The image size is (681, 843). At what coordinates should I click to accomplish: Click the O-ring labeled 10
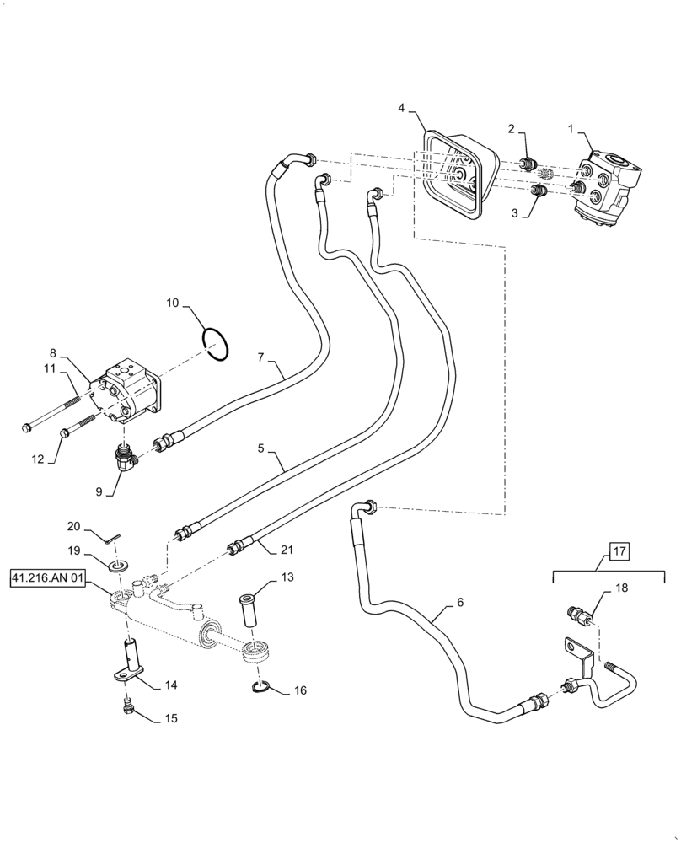click(216, 345)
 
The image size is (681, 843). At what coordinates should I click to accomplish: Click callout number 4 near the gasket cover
click(401, 108)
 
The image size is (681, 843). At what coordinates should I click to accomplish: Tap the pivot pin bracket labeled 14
click(127, 663)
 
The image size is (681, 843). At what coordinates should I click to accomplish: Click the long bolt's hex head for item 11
click(28, 427)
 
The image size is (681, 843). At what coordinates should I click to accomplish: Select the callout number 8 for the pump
click(52, 354)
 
